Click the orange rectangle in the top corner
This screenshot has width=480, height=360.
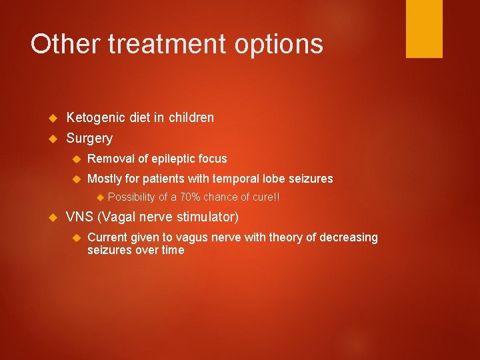click(x=424, y=29)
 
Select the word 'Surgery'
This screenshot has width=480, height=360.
click(x=89, y=139)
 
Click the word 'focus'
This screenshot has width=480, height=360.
click(x=212, y=159)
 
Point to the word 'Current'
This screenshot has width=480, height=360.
click(x=108, y=237)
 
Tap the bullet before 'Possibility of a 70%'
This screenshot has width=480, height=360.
click(x=99, y=197)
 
